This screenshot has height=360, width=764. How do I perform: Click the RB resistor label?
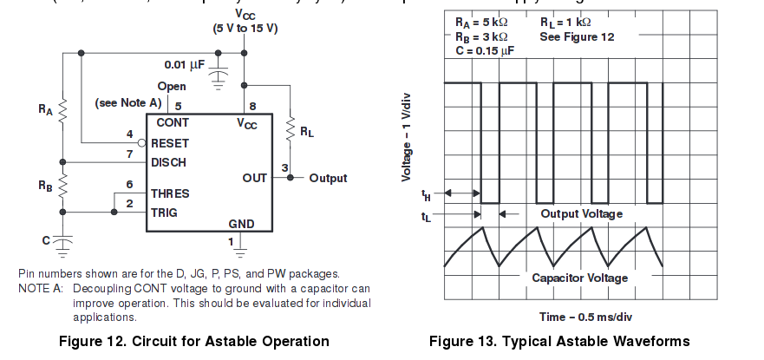click(45, 185)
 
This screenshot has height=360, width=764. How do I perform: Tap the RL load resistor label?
click(308, 132)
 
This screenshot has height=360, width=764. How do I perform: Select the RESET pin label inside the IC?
click(170, 143)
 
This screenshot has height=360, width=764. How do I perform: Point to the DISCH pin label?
click(169, 162)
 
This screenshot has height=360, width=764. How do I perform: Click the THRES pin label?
click(170, 193)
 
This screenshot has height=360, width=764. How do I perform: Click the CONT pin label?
click(173, 123)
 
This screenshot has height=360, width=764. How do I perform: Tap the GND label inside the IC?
click(241, 224)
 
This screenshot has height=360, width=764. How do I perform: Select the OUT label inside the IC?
click(255, 178)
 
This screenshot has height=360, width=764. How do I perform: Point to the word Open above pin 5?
click(172, 87)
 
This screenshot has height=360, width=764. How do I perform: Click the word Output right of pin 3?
click(328, 178)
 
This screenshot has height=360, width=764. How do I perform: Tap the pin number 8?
click(252, 106)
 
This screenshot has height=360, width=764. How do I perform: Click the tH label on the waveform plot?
click(426, 193)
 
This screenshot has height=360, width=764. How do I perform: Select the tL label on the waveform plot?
click(426, 216)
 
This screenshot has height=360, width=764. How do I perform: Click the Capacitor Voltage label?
click(580, 278)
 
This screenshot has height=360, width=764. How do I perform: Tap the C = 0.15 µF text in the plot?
click(484, 51)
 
